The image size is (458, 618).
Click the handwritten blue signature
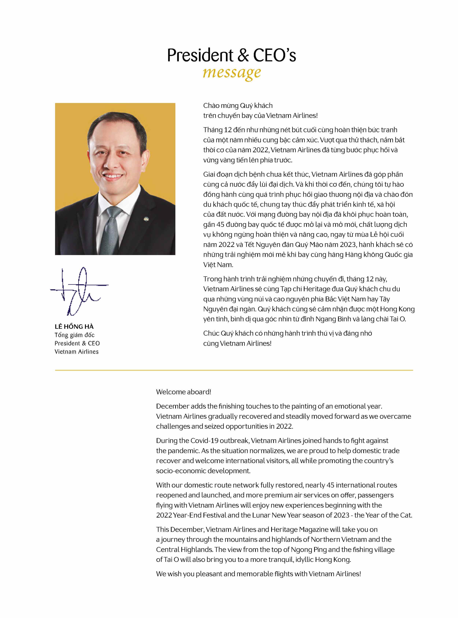click(79, 291)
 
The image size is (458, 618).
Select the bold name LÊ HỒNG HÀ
click(74, 327)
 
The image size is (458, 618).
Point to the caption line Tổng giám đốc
click(75, 335)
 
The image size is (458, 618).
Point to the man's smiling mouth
click(113, 176)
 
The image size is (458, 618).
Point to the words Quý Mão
click(311, 245)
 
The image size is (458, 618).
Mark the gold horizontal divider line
click(234, 370)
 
